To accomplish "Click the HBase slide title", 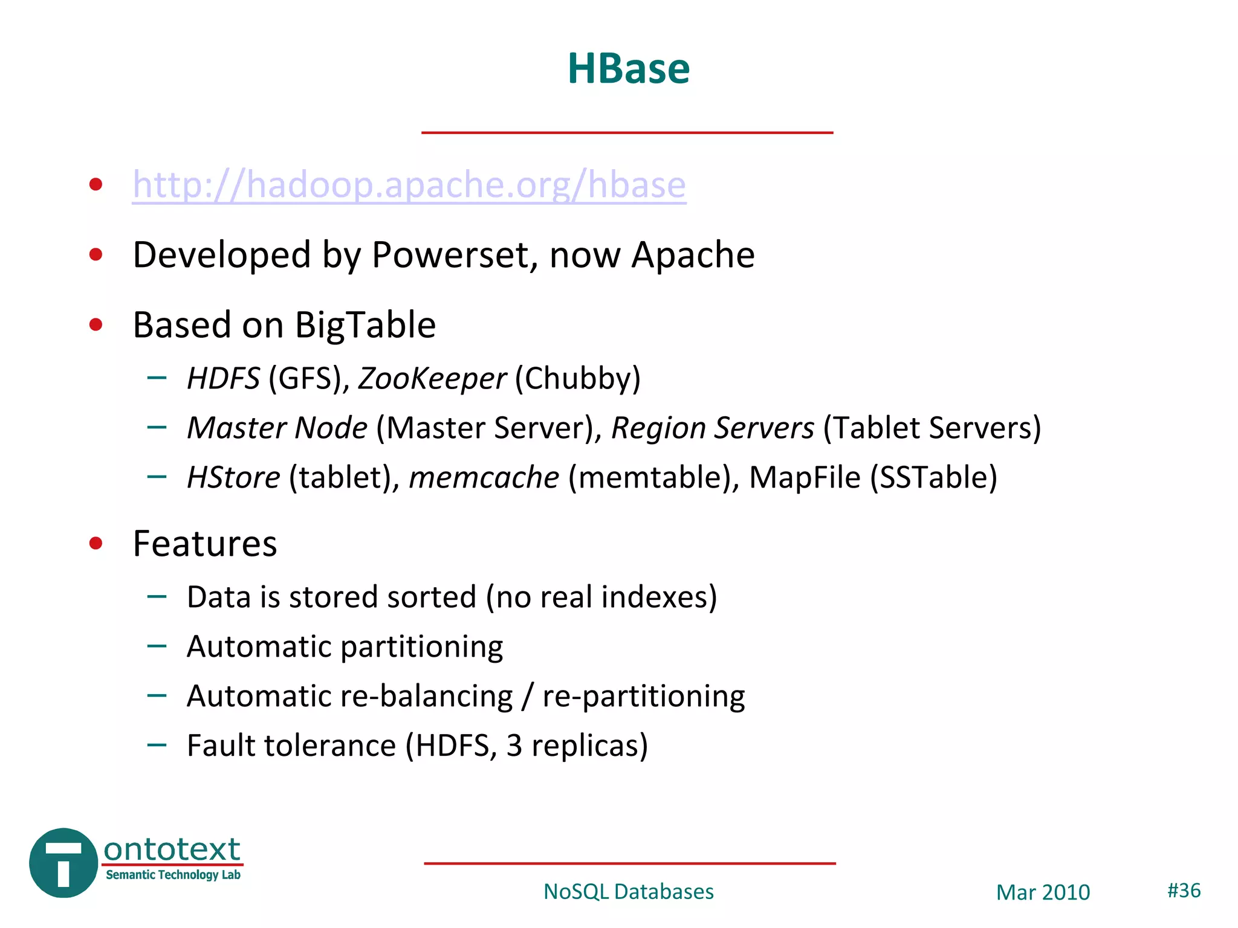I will pyautogui.click(x=628, y=68).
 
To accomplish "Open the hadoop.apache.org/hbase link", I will pyautogui.click(x=409, y=184).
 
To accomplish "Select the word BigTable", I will pyautogui.click(x=365, y=325).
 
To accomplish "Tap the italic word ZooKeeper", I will pyautogui.click(x=432, y=379).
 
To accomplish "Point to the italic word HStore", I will pyautogui.click(x=233, y=477).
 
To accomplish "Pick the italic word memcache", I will pyautogui.click(x=484, y=477).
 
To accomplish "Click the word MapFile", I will pyautogui.click(x=805, y=477).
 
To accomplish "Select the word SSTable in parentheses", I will pyautogui.click(x=933, y=477).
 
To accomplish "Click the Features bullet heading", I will pyautogui.click(x=205, y=544).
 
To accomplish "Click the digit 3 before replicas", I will pyautogui.click(x=514, y=746).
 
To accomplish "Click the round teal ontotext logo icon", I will pyautogui.click(x=63, y=863).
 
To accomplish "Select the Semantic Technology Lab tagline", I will pyautogui.click(x=173, y=875).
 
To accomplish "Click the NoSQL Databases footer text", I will pyautogui.click(x=628, y=892).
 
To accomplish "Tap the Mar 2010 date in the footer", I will pyautogui.click(x=1043, y=892).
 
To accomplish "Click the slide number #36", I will pyautogui.click(x=1184, y=891).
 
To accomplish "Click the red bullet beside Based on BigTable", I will pyautogui.click(x=96, y=325).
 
